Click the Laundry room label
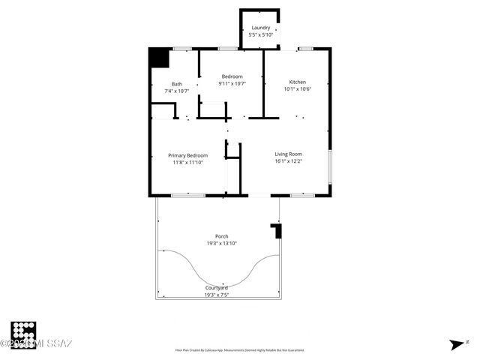point(260,28)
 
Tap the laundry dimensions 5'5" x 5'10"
point(260,34)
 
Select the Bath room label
point(176,84)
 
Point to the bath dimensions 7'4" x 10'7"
point(176,91)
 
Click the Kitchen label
point(297,82)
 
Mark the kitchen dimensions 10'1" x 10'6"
point(297,88)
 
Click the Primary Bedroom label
point(187,155)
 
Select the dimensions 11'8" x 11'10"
point(187,162)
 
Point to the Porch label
point(222,236)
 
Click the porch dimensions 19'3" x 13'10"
point(222,243)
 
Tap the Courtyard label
point(217,288)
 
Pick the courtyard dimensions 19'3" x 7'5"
point(217,295)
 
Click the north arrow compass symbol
point(457,344)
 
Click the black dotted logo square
point(23,334)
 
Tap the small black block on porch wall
point(277,231)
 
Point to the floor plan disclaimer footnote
point(239,350)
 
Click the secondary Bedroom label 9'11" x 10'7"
point(232,76)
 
